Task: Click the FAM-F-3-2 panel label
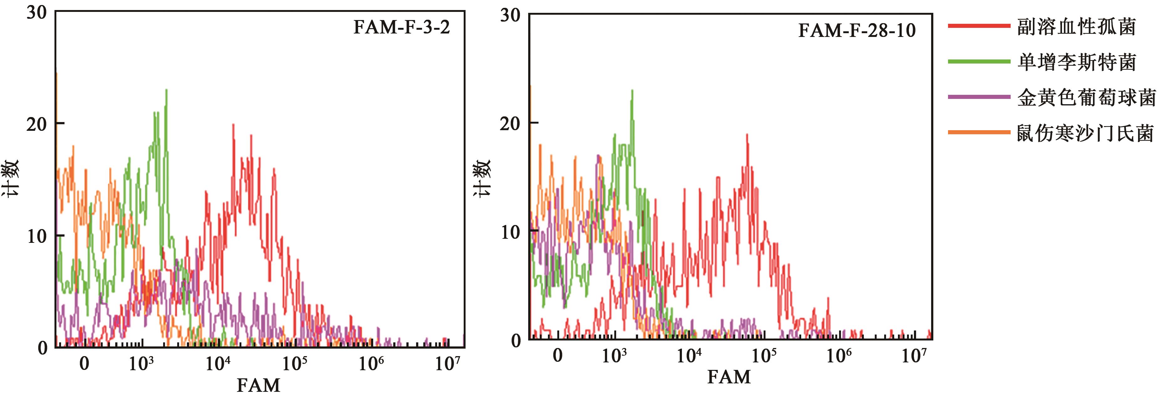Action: pyautogui.click(x=402, y=28)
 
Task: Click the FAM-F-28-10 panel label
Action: pyautogui.click(x=857, y=31)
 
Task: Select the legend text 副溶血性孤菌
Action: pyautogui.click(x=1076, y=27)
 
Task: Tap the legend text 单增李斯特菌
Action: pyautogui.click(x=1077, y=62)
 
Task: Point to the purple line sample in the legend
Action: pyautogui.click(x=979, y=97)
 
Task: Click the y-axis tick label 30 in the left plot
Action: pyautogui.click(x=36, y=13)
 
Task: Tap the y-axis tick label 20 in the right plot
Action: pyautogui.click(x=510, y=123)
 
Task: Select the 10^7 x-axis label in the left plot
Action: pyautogui.click(x=447, y=363)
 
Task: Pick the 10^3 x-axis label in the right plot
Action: pyautogui.click(x=614, y=356)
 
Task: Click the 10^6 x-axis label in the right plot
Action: pyautogui.click(x=839, y=356)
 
